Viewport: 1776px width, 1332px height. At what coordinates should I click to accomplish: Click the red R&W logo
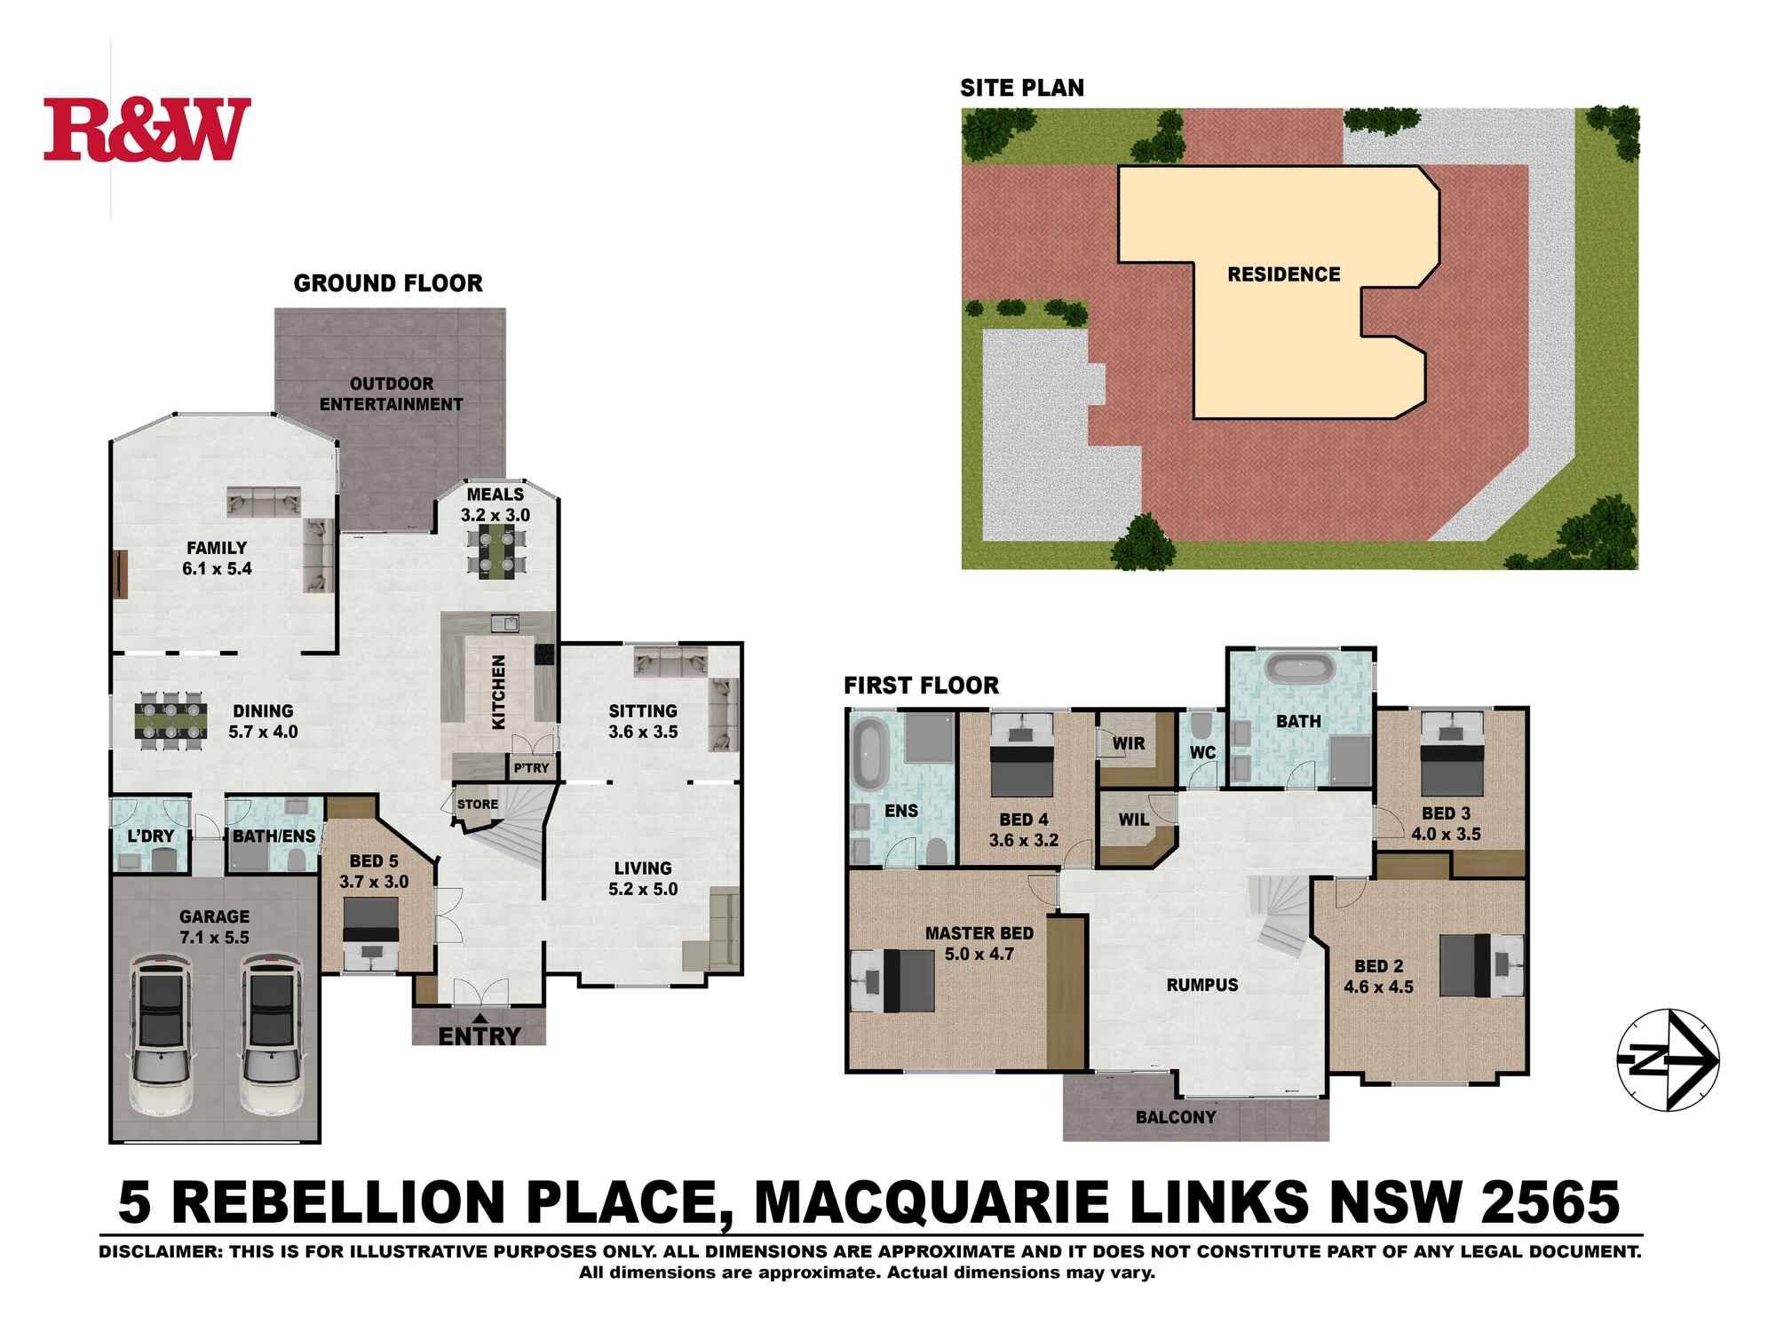coord(147,130)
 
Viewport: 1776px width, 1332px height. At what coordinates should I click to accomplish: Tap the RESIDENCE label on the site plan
coord(1283,274)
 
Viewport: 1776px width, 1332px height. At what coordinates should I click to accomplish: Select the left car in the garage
coord(161,1035)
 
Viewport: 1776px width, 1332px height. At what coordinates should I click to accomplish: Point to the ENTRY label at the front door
coord(479,1035)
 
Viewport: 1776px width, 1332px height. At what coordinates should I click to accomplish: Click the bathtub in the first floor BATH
coord(1298,670)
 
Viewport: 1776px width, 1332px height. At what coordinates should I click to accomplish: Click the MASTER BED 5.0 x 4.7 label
coord(979,944)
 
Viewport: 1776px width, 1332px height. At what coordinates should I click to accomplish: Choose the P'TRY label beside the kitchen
coord(531,768)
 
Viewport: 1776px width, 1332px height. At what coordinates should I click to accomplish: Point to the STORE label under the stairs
coord(477,805)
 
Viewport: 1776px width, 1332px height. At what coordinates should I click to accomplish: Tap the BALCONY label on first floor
coord(1175,1117)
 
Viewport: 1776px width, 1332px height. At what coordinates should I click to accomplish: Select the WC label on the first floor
coord(1202,753)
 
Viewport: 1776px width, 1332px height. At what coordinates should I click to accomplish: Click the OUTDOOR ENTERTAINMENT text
coord(391,394)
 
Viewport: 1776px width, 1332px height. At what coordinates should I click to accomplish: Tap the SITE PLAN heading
coord(1021,88)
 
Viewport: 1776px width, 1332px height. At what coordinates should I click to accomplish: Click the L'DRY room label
coord(151,836)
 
